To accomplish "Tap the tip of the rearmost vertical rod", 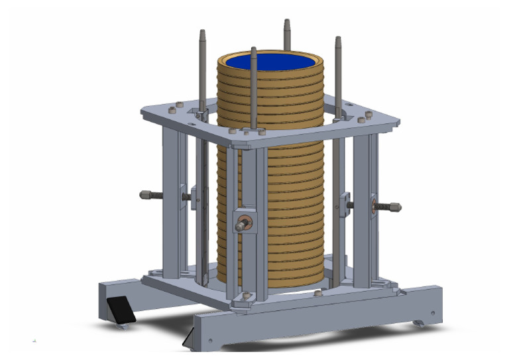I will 287,23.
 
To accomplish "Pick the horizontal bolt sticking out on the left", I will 150,195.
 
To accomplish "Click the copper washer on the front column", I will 243,224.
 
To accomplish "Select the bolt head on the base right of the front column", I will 317,292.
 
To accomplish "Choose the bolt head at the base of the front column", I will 247,296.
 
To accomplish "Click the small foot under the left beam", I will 123,325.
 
